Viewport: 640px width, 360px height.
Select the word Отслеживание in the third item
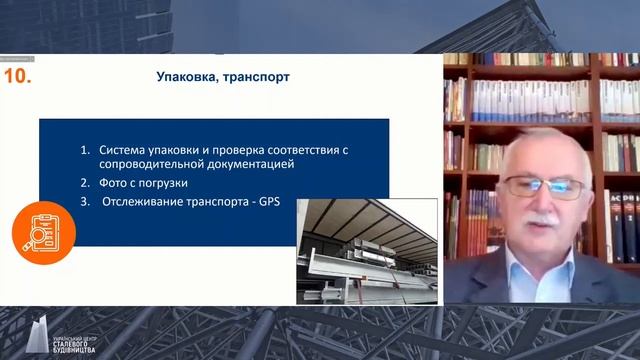click(x=150, y=202)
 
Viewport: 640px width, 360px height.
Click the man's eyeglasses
click(x=542, y=185)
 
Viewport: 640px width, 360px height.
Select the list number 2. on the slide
click(x=86, y=183)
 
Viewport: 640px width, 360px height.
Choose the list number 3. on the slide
click(x=86, y=202)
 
